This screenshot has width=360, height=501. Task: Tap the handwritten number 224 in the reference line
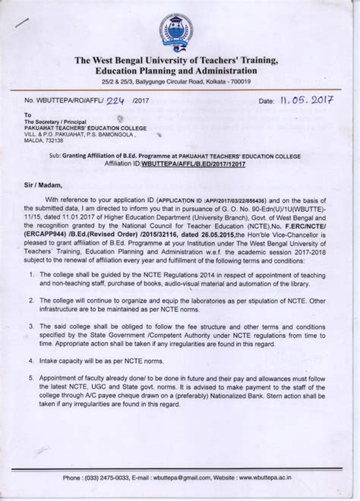[136, 99]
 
